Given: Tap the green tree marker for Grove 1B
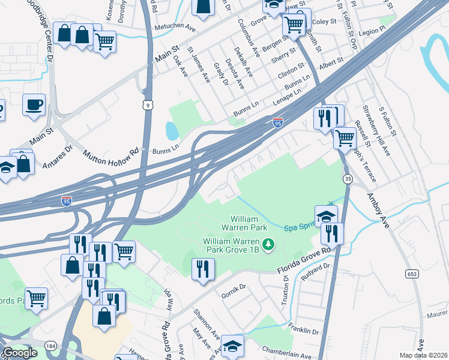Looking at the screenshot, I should coord(270,244).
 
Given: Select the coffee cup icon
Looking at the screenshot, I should coord(34,104).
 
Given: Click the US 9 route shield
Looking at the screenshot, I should coord(147,105).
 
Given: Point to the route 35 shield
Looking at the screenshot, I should coord(348,178).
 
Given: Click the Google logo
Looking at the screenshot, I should coord(20,353).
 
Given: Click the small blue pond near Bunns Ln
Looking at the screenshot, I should coord(170,130).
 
